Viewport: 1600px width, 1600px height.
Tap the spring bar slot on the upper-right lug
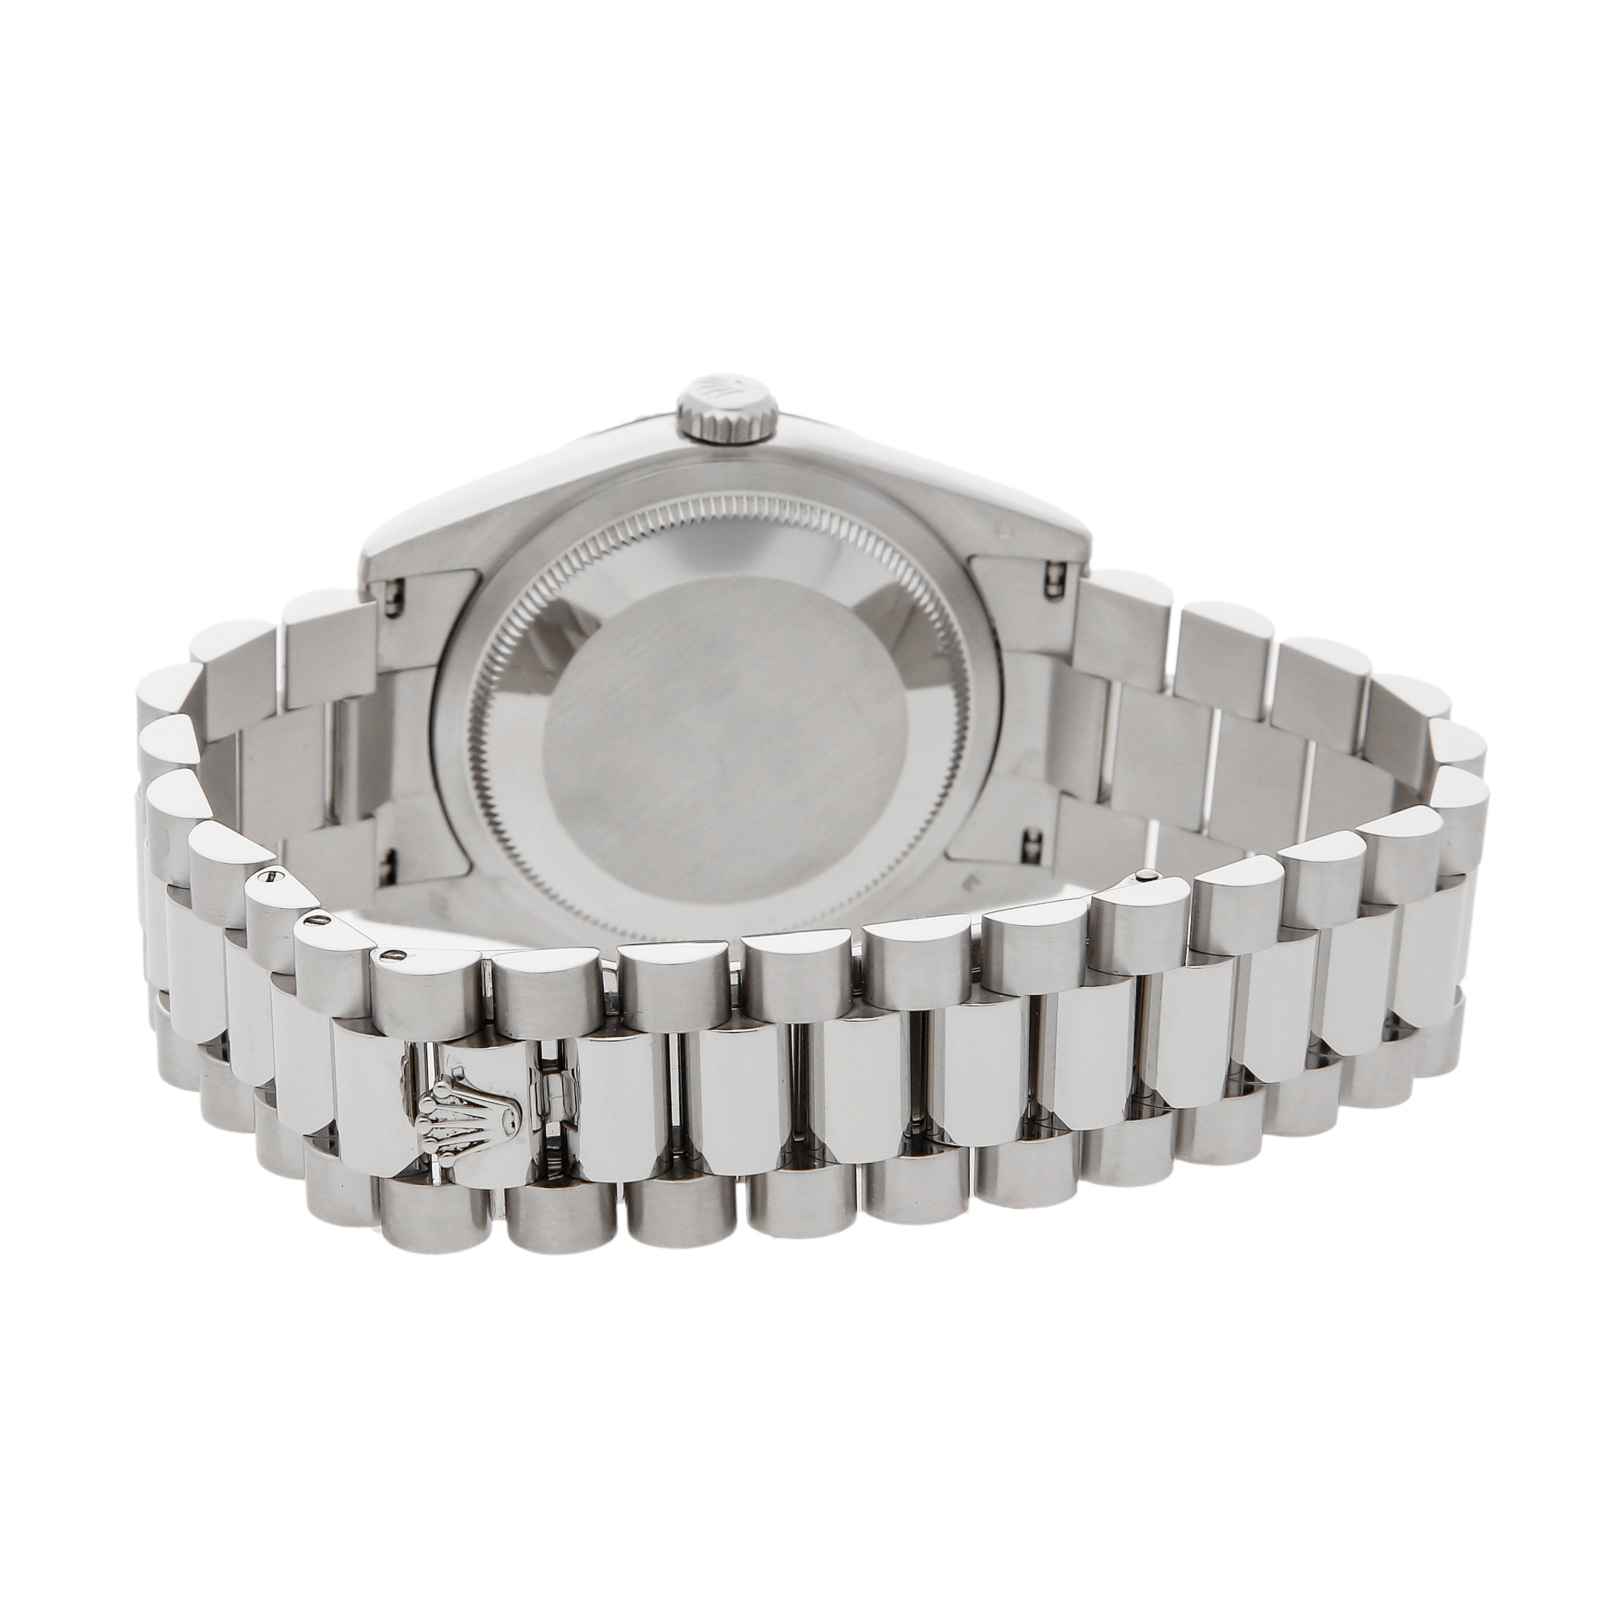(x=1054, y=577)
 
